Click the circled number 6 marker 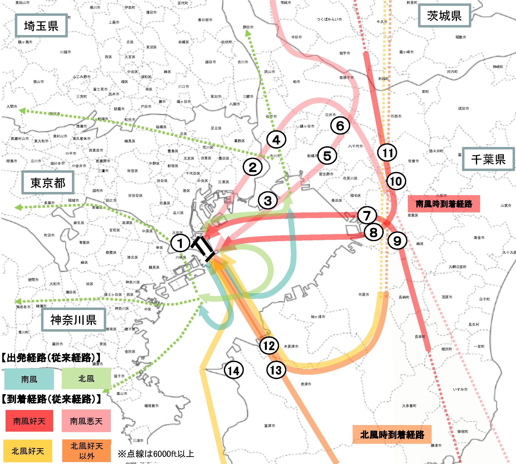point(340,126)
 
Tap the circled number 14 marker point(234,370)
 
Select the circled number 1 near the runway point(180,243)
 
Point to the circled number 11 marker point(387,153)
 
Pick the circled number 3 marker point(268,200)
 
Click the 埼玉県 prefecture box point(41,26)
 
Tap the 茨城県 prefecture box point(445,16)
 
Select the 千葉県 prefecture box point(488,159)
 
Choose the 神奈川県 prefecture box point(74,320)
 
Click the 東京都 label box point(48,182)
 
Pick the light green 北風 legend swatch point(86,379)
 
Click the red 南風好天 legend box point(29,421)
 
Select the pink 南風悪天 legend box point(86,421)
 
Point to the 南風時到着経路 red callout point(444,204)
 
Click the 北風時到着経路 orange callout point(392,434)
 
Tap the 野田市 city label point(248,27)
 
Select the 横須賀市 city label point(151,406)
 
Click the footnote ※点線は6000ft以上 point(156,454)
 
